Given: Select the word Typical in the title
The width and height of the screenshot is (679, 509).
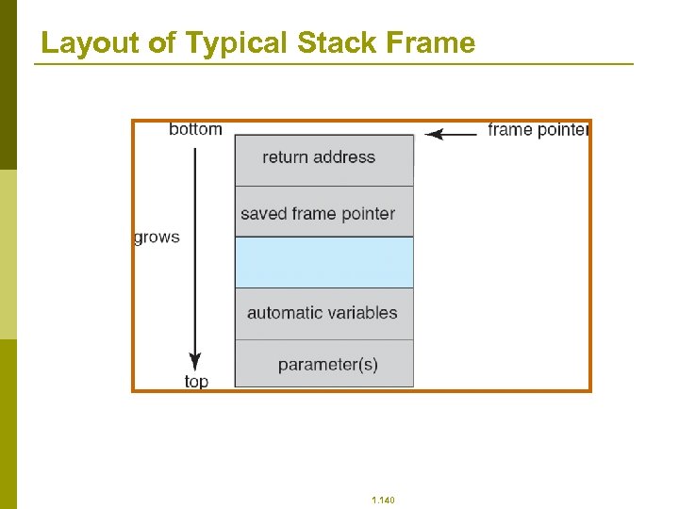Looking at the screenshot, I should [237, 43].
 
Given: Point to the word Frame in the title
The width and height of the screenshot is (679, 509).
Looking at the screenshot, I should [429, 43].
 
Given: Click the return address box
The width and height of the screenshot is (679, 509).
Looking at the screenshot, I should [323, 158].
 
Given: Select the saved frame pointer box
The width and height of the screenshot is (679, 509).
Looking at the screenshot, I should [323, 213].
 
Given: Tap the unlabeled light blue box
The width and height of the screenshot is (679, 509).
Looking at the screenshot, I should [323, 262].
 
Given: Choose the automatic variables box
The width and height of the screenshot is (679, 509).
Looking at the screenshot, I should [323, 313].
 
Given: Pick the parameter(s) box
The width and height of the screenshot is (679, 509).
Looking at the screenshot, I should [323, 364].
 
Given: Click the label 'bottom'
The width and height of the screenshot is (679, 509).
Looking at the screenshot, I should [195, 129].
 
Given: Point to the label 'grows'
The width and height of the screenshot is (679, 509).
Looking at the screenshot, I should [157, 238].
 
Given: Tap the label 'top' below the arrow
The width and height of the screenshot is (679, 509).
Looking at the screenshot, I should [196, 382].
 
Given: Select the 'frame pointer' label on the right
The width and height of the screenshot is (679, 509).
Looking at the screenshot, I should [538, 130].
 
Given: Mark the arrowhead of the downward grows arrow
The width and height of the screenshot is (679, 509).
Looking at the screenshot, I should [195, 362].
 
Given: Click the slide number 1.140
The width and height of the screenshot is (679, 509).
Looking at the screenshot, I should [384, 500].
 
